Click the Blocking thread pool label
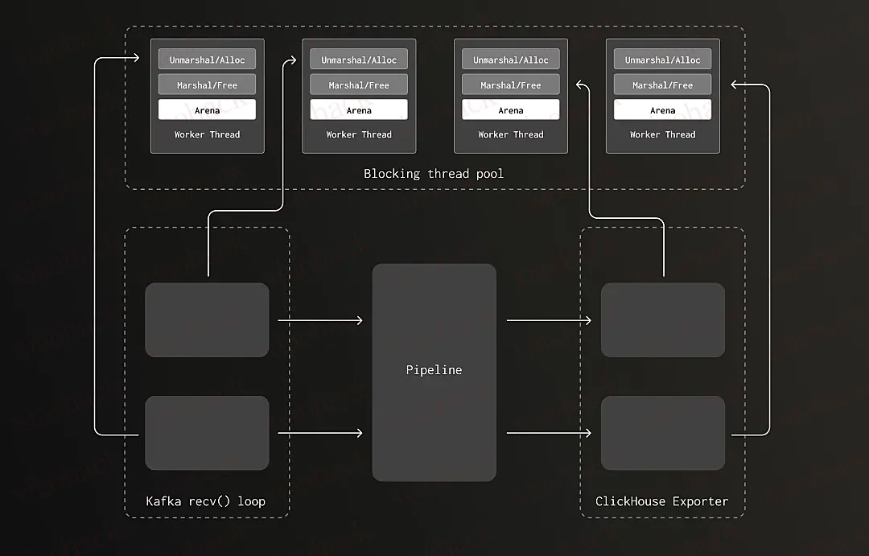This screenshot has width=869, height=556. (434, 174)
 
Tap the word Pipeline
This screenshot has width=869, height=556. (434, 370)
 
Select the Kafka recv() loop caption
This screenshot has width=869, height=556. (206, 501)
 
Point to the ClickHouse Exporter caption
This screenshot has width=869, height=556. (661, 501)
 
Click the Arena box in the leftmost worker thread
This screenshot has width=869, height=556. (208, 109)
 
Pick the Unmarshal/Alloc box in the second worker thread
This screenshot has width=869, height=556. (359, 60)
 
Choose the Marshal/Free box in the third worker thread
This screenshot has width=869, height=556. (511, 84)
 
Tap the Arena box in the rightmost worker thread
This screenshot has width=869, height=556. (663, 109)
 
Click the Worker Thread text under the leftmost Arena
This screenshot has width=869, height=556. (208, 134)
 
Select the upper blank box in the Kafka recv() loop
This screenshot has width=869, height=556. (208, 320)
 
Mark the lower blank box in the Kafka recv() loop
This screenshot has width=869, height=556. (208, 433)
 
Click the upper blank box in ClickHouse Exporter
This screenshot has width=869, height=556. (663, 320)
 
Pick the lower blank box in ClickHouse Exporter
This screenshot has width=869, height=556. (663, 433)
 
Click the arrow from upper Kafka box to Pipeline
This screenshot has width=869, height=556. (320, 320)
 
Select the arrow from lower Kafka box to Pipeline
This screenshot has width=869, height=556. (320, 433)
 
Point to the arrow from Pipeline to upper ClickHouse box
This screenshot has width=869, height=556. (550, 320)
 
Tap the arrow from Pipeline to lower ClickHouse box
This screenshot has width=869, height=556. (550, 433)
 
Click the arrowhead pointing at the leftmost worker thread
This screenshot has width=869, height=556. (136, 57)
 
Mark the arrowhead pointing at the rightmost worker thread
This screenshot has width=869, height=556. (735, 84)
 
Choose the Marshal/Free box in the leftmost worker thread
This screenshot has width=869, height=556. (208, 84)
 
